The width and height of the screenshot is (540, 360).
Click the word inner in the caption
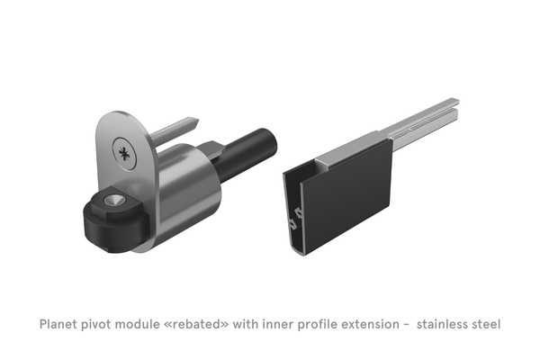coord(280,323)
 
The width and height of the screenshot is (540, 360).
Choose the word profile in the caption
coord(321,323)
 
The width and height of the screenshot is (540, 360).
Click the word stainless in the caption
coord(447,323)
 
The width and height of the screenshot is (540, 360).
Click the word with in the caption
coord(248,323)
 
